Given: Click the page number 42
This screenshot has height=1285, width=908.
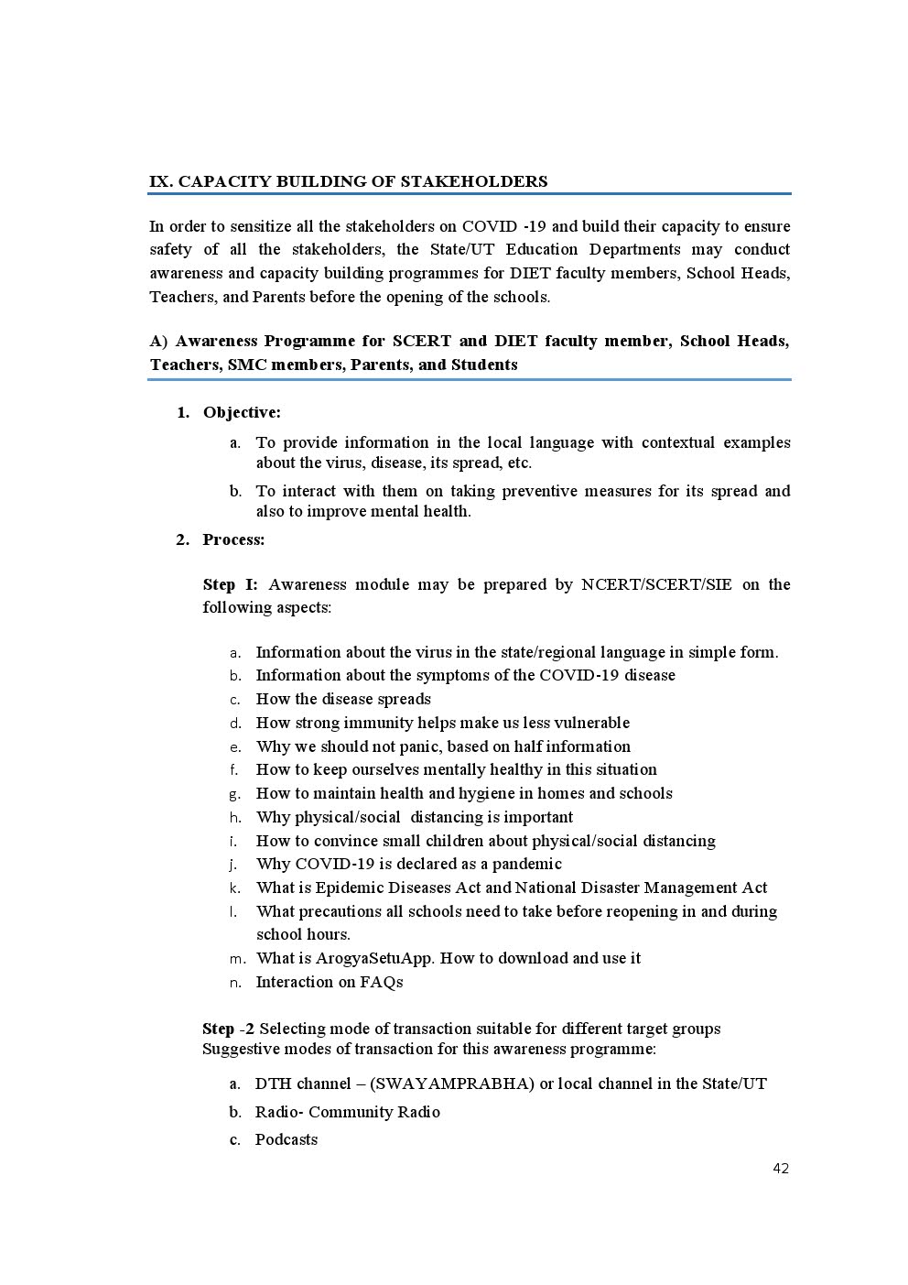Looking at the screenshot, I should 780,1168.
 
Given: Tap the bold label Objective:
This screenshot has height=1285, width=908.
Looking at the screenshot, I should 242,412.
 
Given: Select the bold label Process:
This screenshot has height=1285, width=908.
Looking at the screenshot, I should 233,539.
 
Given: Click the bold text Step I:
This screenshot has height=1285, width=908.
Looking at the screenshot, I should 230,584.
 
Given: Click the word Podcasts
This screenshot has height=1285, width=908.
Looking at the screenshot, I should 286,1139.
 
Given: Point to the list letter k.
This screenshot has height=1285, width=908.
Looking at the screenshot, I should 235,888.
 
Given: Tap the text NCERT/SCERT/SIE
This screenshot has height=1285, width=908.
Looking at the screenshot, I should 656,584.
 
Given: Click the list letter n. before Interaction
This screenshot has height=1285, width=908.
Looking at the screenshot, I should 235,982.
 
